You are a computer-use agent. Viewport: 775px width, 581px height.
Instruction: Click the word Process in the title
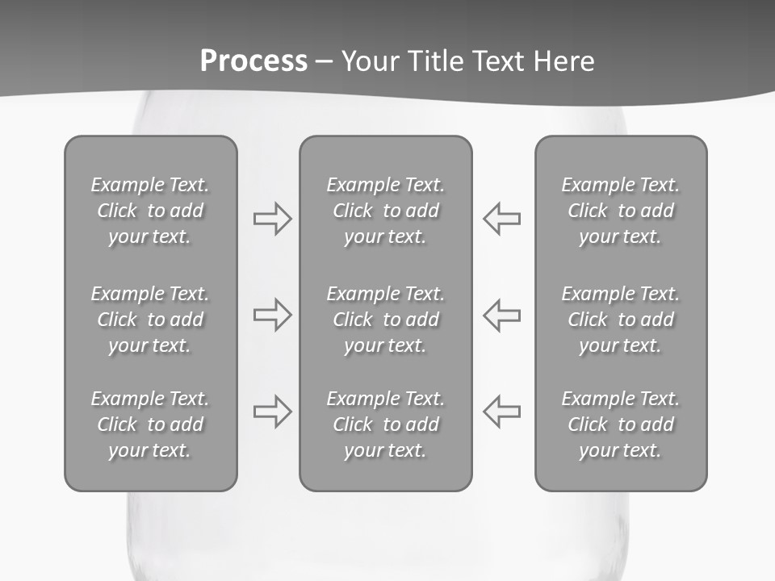click(253, 61)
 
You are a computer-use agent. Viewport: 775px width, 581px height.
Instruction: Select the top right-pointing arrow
click(272, 219)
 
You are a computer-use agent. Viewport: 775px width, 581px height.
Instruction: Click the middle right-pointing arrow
click(272, 315)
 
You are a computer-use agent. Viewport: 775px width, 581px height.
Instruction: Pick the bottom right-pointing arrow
click(272, 411)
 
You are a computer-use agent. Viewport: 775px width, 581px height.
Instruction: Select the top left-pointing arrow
click(502, 219)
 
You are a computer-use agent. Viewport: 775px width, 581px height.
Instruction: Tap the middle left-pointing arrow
click(502, 315)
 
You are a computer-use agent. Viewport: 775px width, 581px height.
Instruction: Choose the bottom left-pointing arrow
click(502, 411)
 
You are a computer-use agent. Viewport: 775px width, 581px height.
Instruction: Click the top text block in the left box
click(150, 211)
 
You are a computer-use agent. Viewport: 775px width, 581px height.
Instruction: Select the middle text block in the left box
click(150, 320)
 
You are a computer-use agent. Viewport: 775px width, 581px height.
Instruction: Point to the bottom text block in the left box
click(150, 424)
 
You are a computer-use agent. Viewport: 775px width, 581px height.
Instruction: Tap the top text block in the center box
click(386, 211)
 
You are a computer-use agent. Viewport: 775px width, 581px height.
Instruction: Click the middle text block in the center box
click(386, 320)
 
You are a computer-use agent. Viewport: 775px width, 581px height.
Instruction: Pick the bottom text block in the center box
click(386, 424)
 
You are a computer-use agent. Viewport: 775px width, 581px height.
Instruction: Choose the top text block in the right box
click(621, 211)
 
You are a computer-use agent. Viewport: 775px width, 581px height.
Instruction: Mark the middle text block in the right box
click(621, 320)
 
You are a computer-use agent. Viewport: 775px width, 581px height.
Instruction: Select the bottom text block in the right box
click(621, 424)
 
